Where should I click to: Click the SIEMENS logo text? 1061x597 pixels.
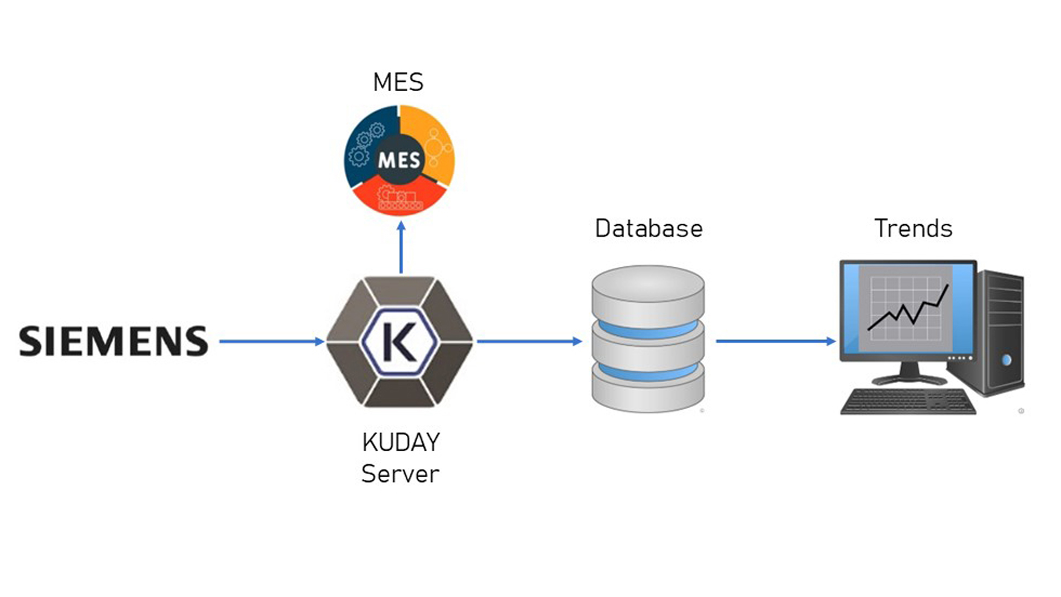(x=114, y=341)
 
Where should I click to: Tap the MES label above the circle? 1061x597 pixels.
(x=398, y=83)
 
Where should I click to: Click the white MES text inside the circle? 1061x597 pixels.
(x=399, y=160)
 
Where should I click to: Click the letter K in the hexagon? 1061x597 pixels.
(x=399, y=342)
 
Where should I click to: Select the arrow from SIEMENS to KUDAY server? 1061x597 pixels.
(x=271, y=341)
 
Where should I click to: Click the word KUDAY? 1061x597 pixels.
(x=401, y=442)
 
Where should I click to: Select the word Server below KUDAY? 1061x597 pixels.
(x=400, y=474)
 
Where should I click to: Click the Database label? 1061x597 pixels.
(x=649, y=229)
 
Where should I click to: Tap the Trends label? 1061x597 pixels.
(x=913, y=229)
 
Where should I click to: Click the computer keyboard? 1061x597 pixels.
(x=908, y=401)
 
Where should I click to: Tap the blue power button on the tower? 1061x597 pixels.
(x=1006, y=360)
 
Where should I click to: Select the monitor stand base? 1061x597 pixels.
(x=909, y=379)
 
